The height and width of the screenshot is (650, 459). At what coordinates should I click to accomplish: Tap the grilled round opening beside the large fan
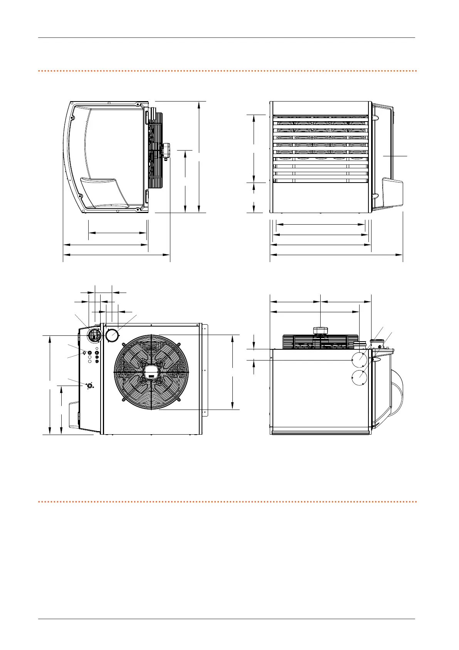(x=94, y=335)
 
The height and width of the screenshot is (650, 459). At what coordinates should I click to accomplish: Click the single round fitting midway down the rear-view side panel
(x=89, y=385)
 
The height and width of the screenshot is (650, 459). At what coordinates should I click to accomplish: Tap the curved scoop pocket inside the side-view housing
(x=104, y=193)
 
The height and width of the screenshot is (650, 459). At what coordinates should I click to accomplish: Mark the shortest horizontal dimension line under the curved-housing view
(x=118, y=233)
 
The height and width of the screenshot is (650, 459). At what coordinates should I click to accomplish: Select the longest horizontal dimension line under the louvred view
(x=336, y=255)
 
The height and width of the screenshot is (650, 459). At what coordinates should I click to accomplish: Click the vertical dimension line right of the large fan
(x=232, y=372)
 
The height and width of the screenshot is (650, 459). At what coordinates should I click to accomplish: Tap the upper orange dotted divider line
(x=227, y=71)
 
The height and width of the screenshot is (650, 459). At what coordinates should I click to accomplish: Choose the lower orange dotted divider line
(x=227, y=502)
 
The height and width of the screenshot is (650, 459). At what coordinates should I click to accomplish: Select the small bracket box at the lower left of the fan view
(x=74, y=415)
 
